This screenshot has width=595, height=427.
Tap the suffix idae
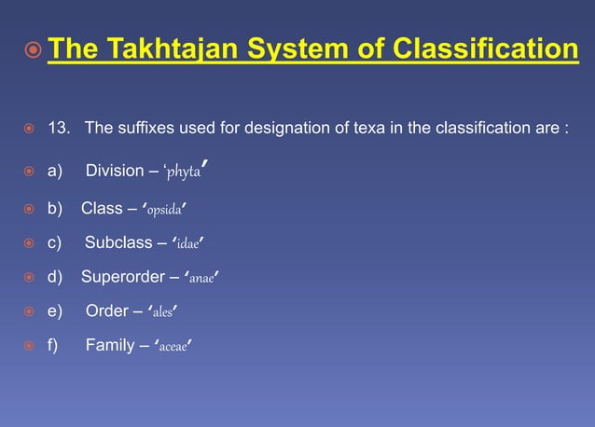click(x=189, y=243)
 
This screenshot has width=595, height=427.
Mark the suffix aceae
click(x=174, y=346)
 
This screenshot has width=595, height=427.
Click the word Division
click(x=114, y=172)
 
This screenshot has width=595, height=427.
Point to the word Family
click(x=110, y=346)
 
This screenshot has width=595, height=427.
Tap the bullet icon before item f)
click(x=30, y=347)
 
